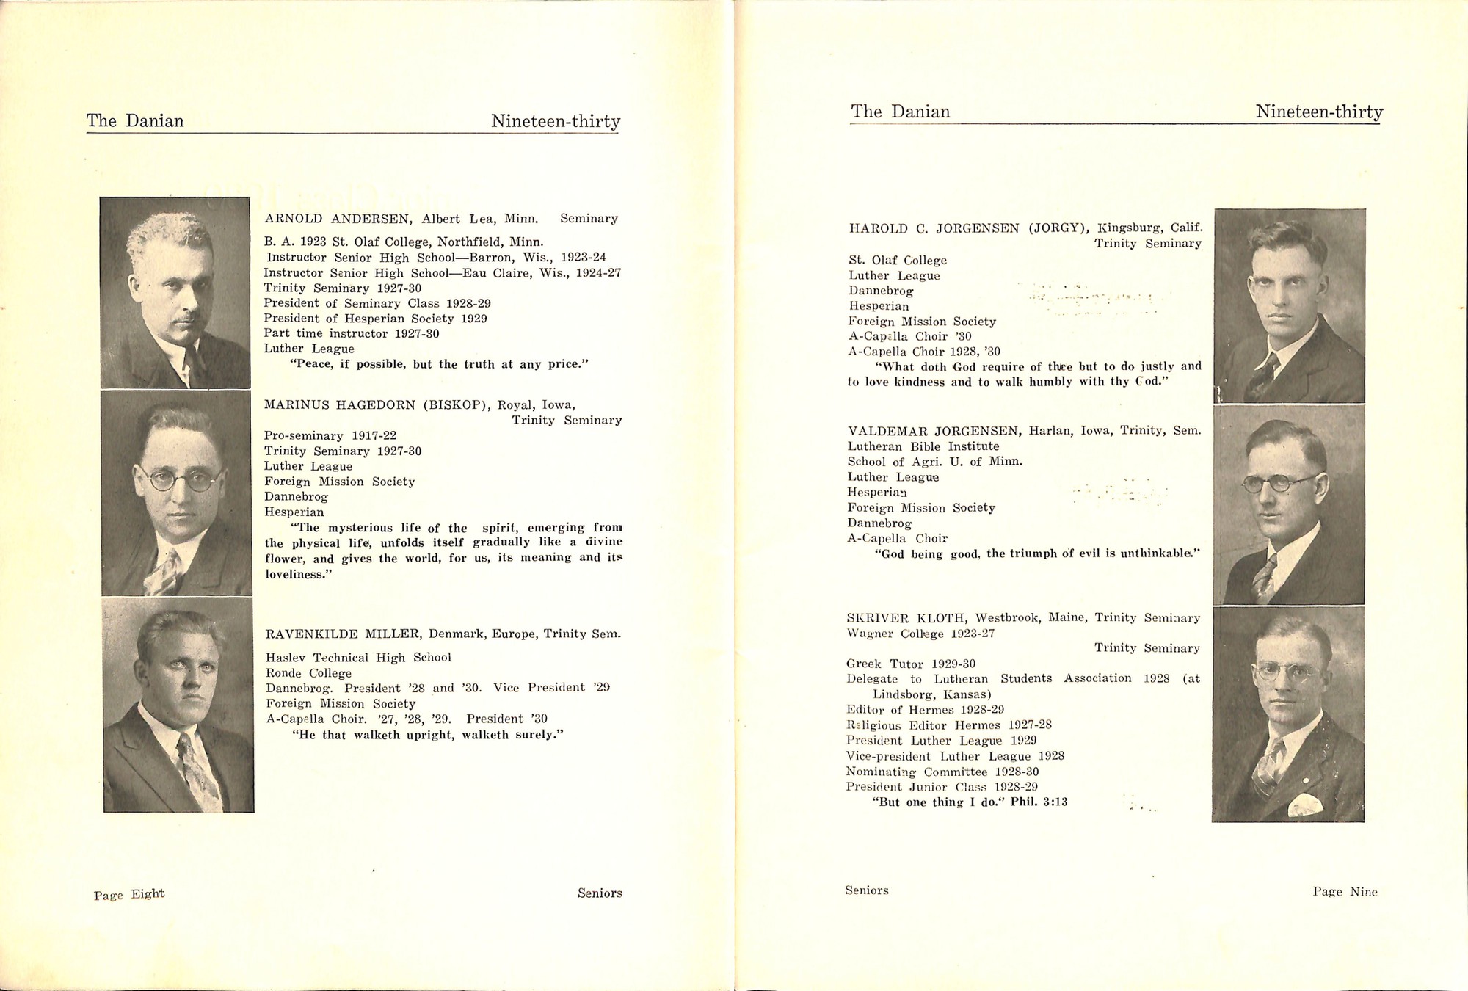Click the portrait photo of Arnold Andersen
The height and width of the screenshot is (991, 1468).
point(175,292)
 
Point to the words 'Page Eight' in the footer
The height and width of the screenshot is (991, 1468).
point(129,894)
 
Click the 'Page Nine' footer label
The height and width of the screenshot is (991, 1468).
point(1345,892)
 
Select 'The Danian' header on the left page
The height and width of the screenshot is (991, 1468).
point(135,121)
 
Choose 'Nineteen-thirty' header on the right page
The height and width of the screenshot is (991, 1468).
point(1319,112)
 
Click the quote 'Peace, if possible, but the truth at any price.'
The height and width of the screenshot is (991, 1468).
point(440,364)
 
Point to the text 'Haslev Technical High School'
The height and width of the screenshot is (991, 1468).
point(358,658)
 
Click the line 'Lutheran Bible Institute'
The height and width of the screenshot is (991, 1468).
point(923,446)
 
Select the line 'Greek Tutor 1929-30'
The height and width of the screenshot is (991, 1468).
point(911,664)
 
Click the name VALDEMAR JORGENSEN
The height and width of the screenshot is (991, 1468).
point(933,431)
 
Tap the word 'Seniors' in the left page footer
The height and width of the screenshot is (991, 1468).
point(600,893)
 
